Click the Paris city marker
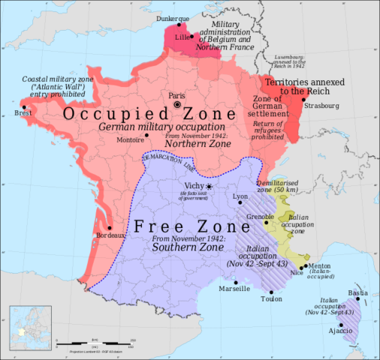[177, 105]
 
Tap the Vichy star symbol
[210, 186]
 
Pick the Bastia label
[357, 292]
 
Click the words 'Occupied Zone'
[131, 115]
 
